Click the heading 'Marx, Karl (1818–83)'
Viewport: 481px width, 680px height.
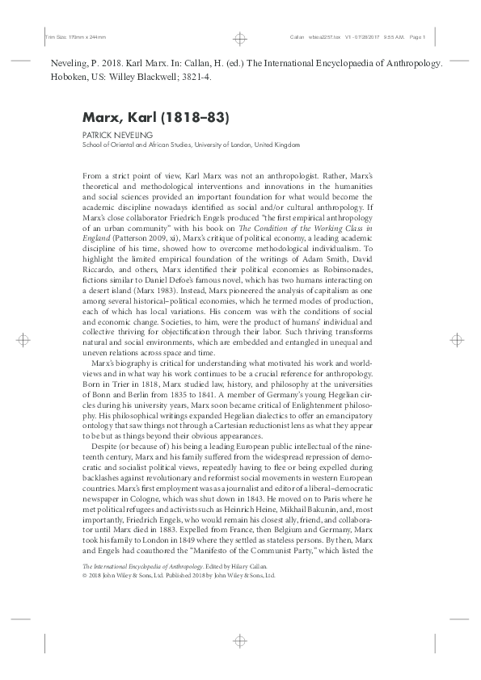tap(156, 117)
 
